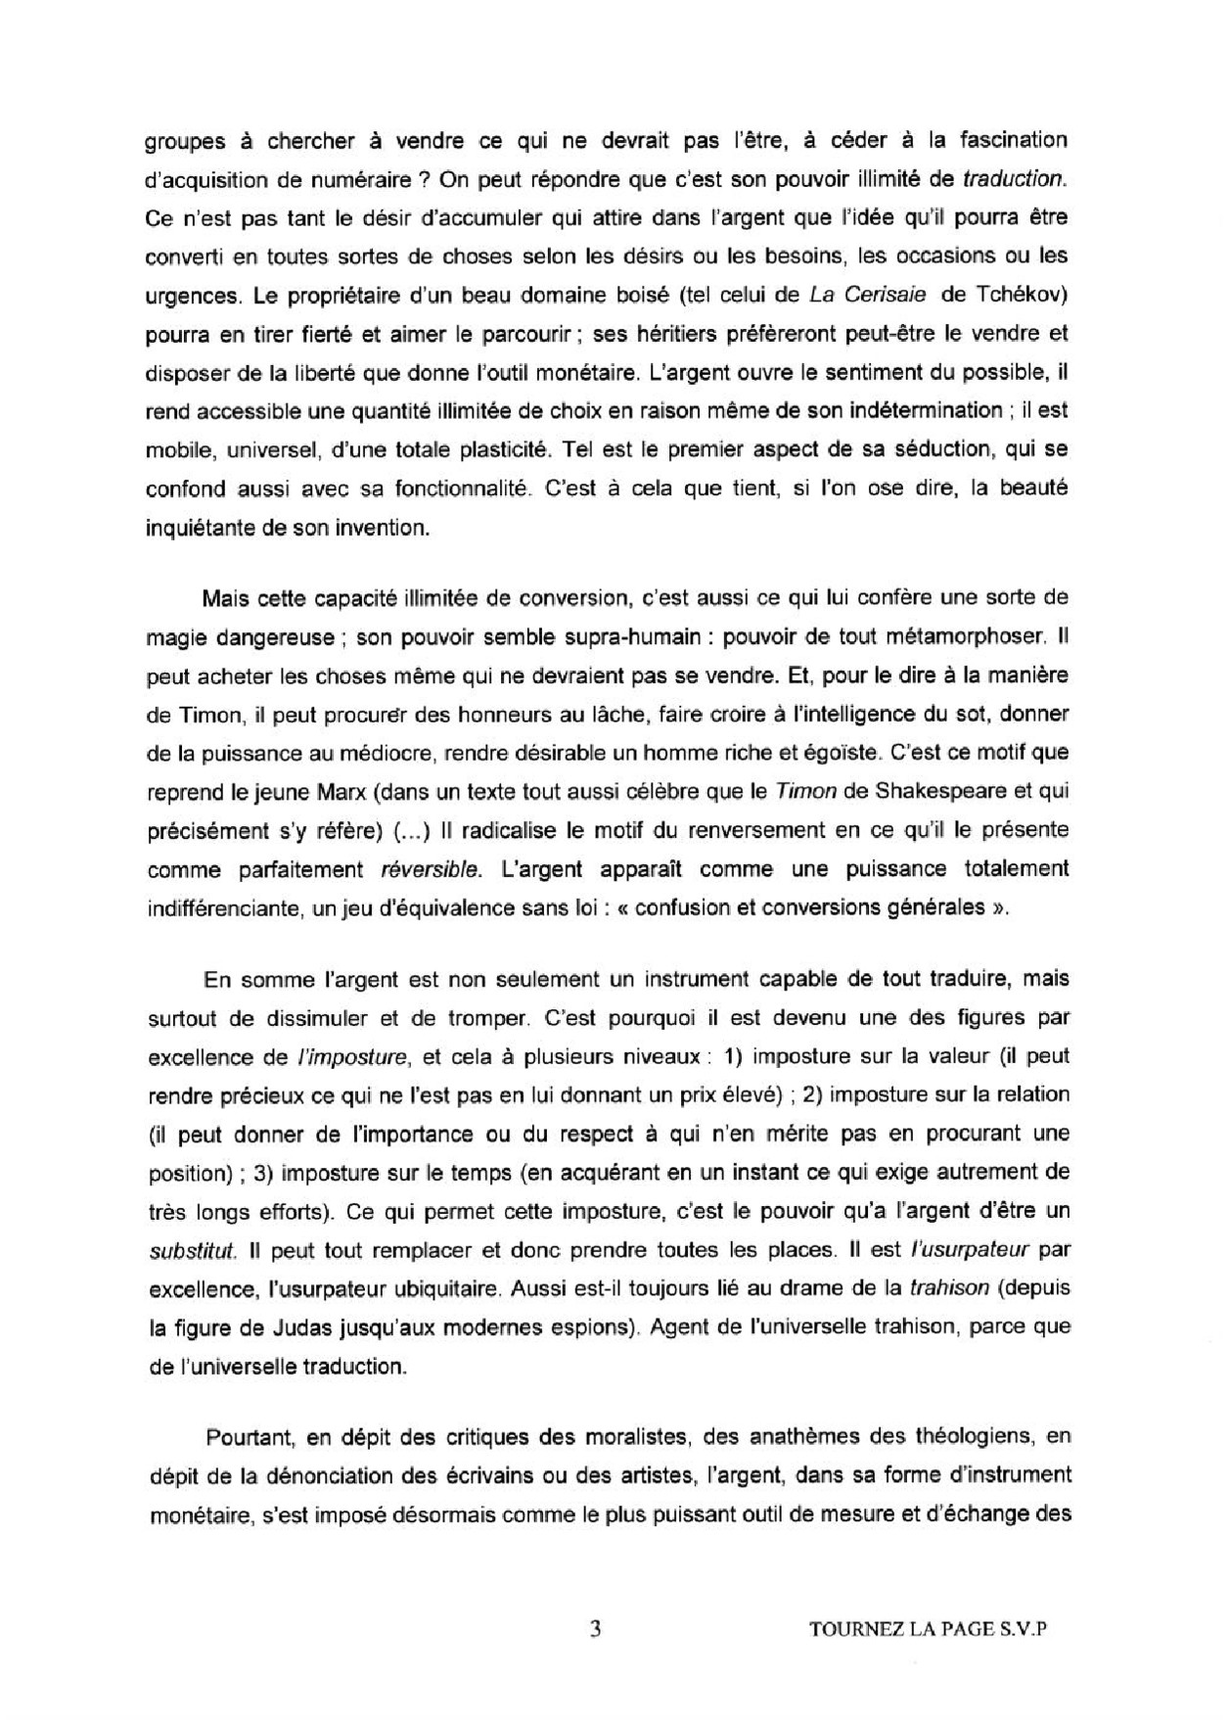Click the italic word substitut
click(x=192, y=1250)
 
